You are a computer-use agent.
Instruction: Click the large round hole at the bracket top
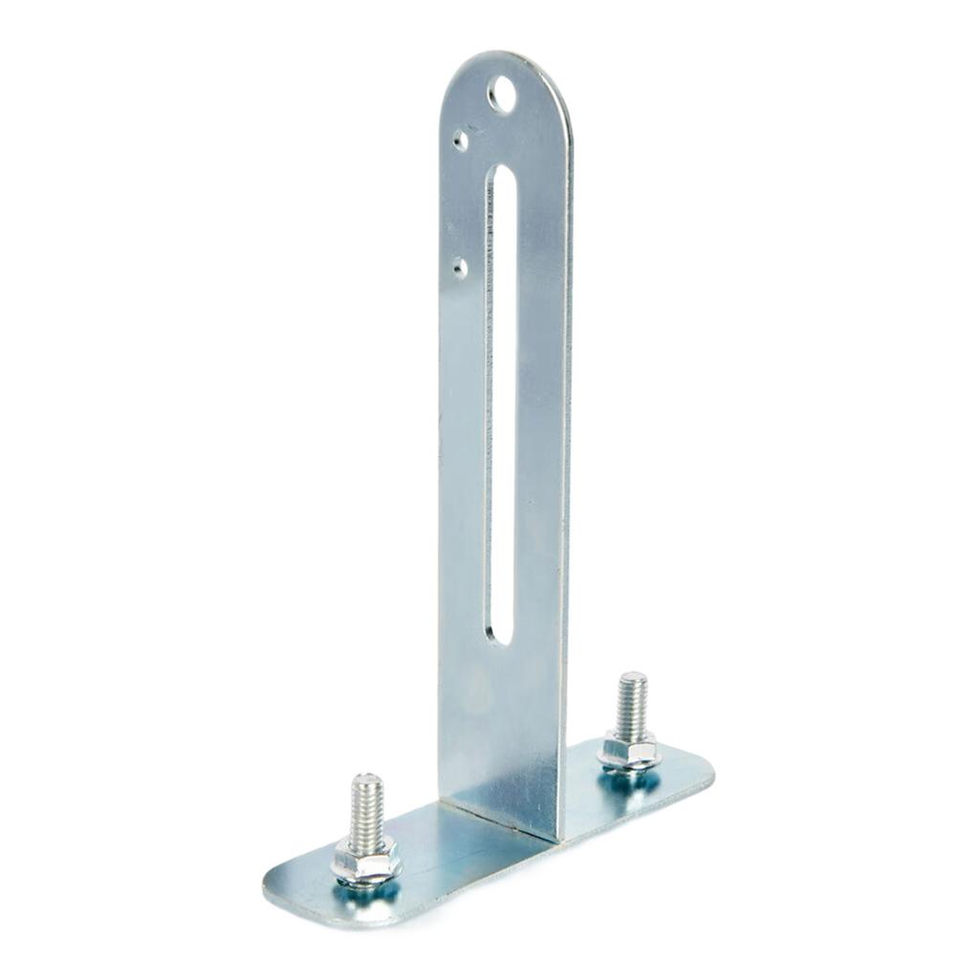(x=501, y=95)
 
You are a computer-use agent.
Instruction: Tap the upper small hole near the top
(x=461, y=141)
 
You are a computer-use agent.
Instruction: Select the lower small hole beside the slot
(x=461, y=268)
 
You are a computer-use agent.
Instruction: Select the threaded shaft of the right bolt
(x=632, y=706)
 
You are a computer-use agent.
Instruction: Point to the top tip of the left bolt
(x=364, y=779)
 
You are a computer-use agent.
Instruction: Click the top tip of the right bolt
(x=633, y=677)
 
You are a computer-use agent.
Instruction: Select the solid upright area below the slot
(x=499, y=727)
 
